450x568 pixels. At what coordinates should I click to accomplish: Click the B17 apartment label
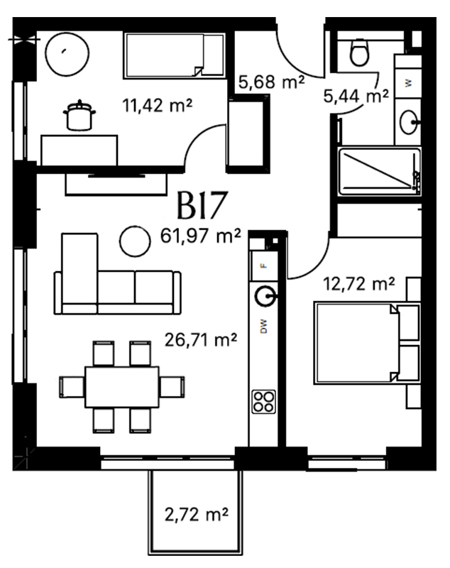[x=202, y=205]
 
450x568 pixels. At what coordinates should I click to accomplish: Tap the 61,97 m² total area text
[x=201, y=236]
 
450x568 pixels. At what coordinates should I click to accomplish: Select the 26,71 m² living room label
[x=201, y=340]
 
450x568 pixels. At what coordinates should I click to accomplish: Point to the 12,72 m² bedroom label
[x=358, y=284]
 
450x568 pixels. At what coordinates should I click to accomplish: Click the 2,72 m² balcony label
[x=197, y=514]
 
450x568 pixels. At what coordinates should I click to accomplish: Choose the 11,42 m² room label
[x=157, y=106]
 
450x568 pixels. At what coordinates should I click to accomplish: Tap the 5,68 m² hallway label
[x=271, y=82]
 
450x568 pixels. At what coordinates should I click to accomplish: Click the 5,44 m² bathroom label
[x=356, y=96]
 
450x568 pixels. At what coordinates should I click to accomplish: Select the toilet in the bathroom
[x=359, y=52]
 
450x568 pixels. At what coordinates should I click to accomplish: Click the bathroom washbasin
[x=410, y=122]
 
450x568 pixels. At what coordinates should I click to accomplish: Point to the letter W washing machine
[x=408, y=83]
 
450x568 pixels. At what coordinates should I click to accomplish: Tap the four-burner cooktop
[x=263, y=402]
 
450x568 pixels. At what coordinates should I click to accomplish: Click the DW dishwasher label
[x=264, y=326]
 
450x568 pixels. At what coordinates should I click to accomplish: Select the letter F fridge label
[x=264, y=266]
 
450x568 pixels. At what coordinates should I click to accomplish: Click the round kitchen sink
[x=265, y=297]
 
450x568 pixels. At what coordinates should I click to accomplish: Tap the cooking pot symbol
[x=79, y=116]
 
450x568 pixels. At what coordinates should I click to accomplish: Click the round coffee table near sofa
[x=135, y=241]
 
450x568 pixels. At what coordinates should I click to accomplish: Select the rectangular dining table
[x=122, y=387]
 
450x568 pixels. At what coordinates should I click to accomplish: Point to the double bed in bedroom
[x=367, y=343]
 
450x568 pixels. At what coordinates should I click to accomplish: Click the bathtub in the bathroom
[x=380, y=171]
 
